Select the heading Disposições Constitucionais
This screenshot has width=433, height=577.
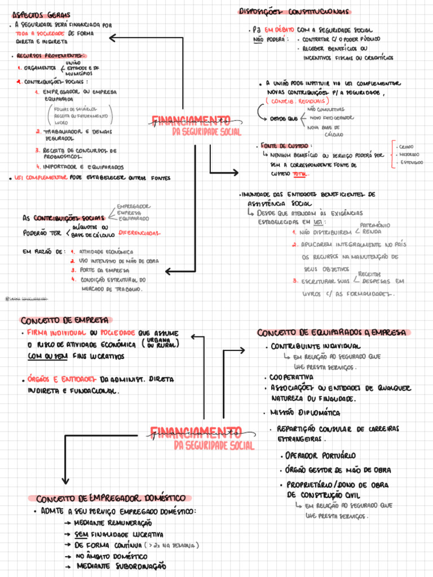294,11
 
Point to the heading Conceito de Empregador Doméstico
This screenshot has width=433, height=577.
111,499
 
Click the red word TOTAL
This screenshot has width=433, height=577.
301,174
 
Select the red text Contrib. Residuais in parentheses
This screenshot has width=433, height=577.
297,101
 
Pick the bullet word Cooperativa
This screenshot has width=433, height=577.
292,377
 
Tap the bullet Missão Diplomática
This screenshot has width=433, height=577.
304,413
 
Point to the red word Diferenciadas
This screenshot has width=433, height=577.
139,233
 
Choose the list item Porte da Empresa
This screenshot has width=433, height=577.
105,270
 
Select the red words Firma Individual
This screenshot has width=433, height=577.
55,333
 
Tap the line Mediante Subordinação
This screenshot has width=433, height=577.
122,566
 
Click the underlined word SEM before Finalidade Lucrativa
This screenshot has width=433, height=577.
82,534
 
